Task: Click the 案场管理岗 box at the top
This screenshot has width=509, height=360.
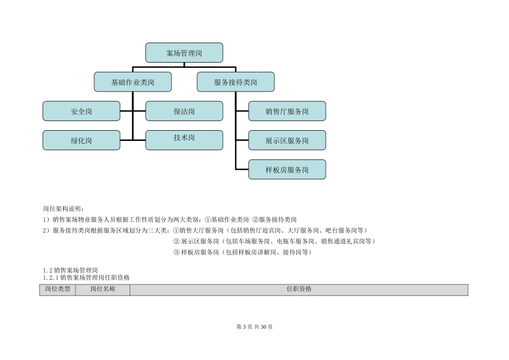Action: coord(184,53)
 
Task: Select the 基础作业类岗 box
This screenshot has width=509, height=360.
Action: coord(133,82)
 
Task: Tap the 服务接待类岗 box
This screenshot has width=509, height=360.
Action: coord(236,82)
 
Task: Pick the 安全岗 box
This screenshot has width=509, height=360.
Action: coord(81,111)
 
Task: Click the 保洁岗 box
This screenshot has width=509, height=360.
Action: coord(184,111)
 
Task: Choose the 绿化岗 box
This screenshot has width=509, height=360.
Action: coord(81,140)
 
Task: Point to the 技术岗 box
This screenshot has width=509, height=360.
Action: coord(184,138)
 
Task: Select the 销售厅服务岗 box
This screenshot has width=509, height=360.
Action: coord(287,111)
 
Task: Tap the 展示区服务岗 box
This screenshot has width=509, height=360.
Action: coord(287,140)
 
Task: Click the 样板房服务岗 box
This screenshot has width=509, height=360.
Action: coord(287,169)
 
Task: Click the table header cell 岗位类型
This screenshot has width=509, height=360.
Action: coord(57,289)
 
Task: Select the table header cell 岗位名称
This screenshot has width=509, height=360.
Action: coord(102,289)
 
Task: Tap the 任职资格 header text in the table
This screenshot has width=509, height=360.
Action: coord(299,289)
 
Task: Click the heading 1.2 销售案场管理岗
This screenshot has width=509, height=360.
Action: coord(70,271)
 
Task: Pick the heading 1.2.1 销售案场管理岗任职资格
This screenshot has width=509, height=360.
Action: coord(86,278)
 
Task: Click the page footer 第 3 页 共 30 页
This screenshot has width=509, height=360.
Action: coord(254,327)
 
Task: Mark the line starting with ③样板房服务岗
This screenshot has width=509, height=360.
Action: coord(242,252)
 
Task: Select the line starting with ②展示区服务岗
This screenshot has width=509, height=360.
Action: coord(274,241)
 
